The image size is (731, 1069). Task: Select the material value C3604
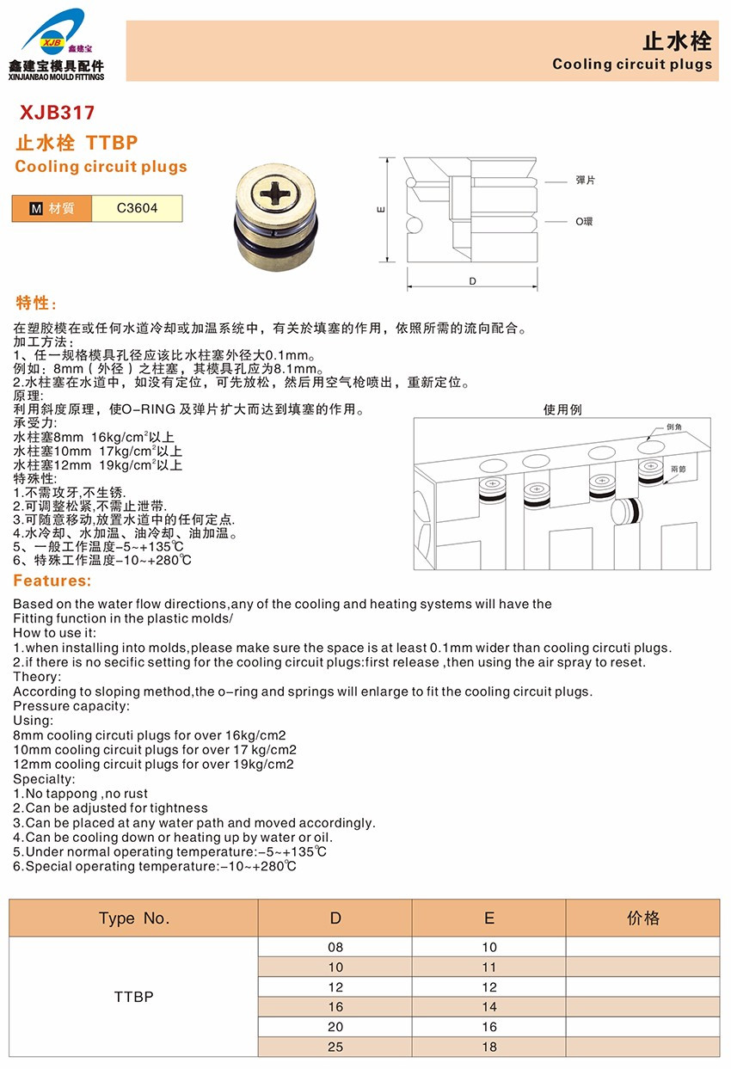138,208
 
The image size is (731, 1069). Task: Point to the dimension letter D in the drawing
472,281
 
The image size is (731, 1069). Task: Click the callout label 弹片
586,180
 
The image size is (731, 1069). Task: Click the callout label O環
585,222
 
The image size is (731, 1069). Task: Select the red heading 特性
37,304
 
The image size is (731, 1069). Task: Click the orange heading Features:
52,582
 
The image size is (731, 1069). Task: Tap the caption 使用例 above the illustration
562,409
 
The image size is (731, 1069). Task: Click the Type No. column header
134,918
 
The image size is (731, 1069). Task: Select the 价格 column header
643,918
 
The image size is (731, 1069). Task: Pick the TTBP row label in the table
134,998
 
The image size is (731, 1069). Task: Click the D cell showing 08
335,947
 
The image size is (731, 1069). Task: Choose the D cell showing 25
335,1047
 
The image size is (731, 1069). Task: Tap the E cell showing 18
489,1047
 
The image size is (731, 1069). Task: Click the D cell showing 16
335,1007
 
